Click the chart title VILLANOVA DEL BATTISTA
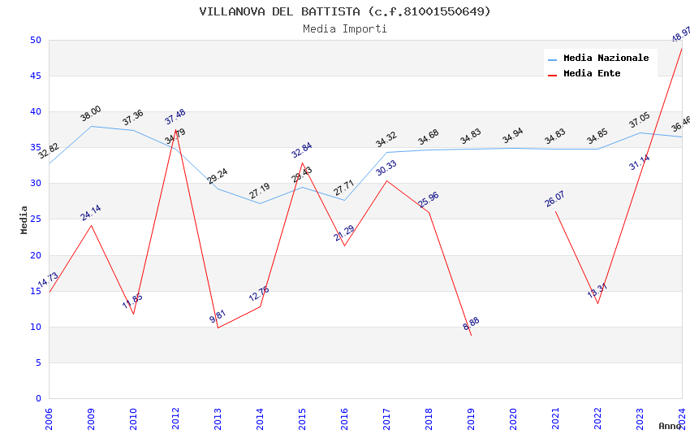coord(345,11)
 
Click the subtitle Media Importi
coord(345,28)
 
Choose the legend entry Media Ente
coord(592,73)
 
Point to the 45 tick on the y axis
coord(35,76)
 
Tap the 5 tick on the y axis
coord(38,362)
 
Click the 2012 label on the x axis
coord(176,419)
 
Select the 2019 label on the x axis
coord(472,419)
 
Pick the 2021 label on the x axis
coord(556,419)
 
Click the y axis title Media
coord(24,219)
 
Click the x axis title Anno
coord(670,426)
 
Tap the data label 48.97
coord(680,35)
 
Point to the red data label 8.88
coord(471,323)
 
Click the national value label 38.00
coord(91,114)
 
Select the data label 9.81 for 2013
coord(218,317)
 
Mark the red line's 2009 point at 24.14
coord(91,225)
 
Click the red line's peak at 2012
coord(175,130)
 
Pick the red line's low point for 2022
coord(597,303)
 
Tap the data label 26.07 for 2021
coord(555,199)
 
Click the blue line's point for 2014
coord(260,203)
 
